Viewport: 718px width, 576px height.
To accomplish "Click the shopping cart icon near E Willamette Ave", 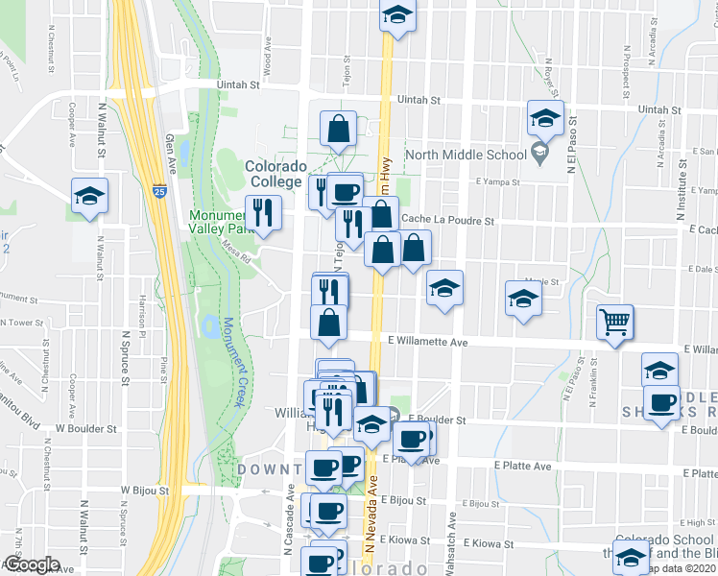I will [614, 323].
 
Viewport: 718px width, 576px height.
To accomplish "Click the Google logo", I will [32, 564].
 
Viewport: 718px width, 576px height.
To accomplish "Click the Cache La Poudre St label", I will [448, 220].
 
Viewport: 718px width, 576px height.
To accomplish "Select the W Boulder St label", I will [86, 429].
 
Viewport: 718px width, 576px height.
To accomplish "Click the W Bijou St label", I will [145, 490].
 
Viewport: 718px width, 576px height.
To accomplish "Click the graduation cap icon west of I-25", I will [90, 196].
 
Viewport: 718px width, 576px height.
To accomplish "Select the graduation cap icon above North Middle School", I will [545, 118].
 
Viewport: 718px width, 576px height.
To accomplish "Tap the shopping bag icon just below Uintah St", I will [339, 128].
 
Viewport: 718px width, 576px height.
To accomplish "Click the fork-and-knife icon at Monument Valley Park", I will [261, 212].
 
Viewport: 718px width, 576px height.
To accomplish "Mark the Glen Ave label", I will [172, 151].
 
